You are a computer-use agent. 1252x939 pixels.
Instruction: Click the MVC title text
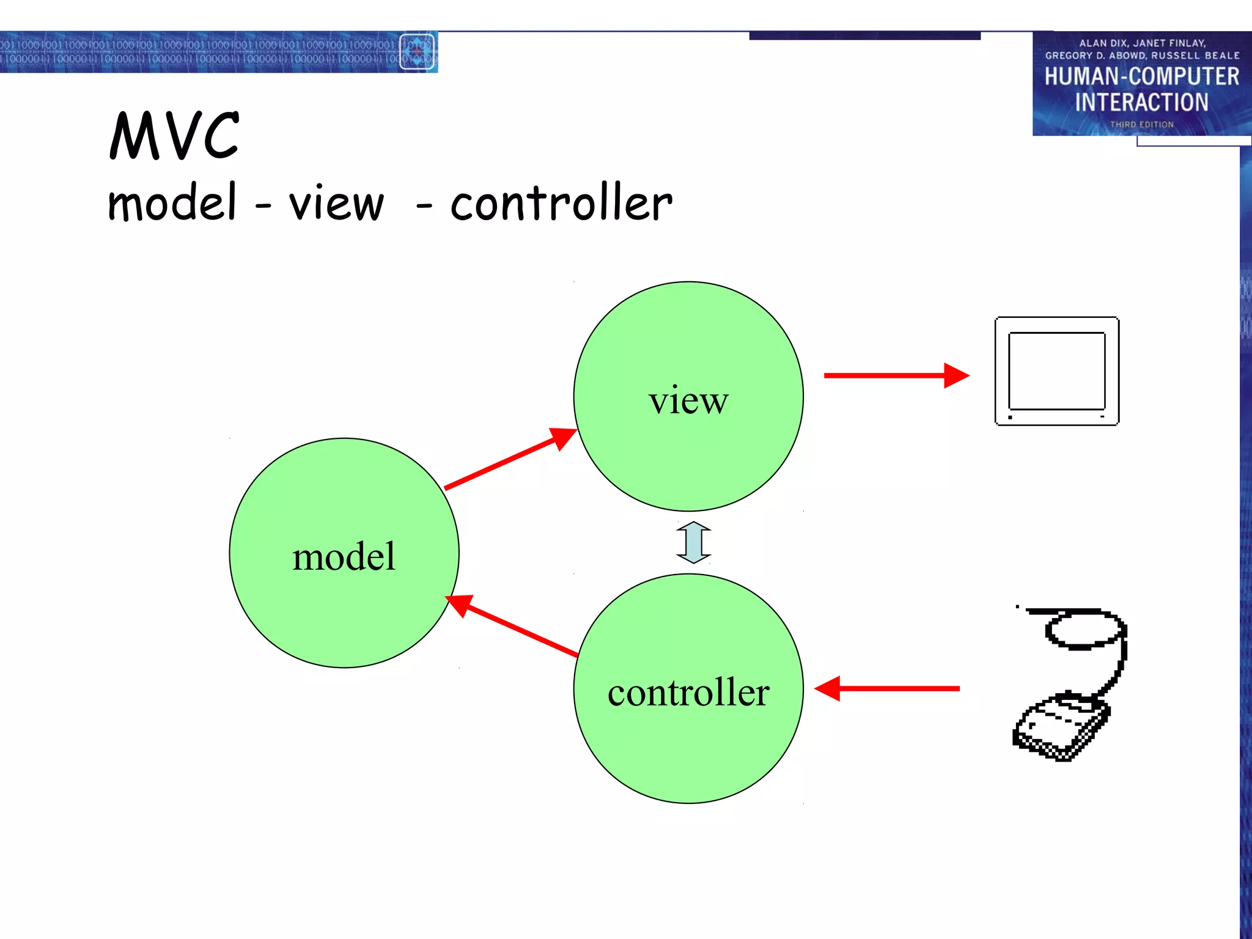[x=174, y=136]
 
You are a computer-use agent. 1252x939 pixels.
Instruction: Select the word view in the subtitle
[x=337, y=204]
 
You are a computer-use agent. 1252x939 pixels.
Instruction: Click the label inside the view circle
[x=688, y=401]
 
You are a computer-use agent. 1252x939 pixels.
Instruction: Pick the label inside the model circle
[x=344, y=557]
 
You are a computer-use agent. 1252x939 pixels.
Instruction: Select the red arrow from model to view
[x=510, y=458]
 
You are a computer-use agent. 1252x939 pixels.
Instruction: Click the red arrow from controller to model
[x=514, y=626]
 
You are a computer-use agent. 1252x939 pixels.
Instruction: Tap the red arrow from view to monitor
[x=896, y=375]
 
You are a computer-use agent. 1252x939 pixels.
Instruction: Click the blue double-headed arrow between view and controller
[x=693, y=542]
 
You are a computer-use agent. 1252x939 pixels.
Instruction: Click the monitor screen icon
[x=1057, y=371]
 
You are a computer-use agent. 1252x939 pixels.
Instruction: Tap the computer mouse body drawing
[x=1061, y=727]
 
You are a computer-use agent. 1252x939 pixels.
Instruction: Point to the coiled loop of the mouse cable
[x=1085, y=630]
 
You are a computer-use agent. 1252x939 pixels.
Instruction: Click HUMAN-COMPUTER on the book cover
[x=1141, y=76]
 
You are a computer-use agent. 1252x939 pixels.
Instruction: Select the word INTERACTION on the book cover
[x=1141, y=102]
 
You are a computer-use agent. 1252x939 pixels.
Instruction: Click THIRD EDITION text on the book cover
[x=1141, y=125]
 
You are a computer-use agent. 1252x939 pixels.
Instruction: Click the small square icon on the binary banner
[x=417, y=52]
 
